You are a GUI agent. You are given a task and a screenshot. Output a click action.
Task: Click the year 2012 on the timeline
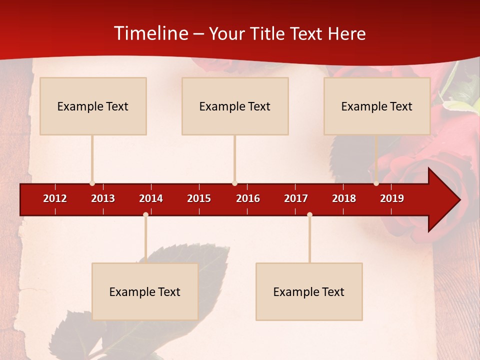coord(55,198)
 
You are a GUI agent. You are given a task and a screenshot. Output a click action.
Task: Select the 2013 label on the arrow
coord(103,198)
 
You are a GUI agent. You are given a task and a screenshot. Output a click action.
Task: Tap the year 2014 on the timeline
coord(151,198)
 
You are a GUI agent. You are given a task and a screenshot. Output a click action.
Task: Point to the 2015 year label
coord(199,198)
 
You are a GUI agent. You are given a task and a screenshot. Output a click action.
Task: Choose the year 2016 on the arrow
coord(248,198)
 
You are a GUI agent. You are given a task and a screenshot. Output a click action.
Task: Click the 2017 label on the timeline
coord(296,198)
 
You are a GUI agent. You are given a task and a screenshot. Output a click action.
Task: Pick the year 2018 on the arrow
coord(344,198)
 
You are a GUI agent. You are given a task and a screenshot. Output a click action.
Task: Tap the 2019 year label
coord(392,198)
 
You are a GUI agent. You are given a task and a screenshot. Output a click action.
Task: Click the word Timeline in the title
coord(150,33)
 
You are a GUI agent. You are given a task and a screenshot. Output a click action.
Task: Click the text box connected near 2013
coord(93,106)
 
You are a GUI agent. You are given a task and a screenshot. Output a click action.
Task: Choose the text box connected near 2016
coord(235,106)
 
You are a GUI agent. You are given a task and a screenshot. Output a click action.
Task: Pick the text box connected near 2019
coord(377,106)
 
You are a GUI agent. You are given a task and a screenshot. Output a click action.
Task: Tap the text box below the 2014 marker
coord(145,291)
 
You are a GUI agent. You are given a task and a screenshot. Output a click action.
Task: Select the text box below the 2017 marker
coord(309,291)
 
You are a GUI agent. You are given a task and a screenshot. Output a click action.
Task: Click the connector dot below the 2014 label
coord(145,215)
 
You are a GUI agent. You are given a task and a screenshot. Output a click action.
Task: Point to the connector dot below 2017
coord(309,215)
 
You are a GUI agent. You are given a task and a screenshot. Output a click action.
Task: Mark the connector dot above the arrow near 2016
coord(234,183)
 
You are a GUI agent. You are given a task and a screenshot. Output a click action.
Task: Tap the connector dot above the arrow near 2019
coord(376,183)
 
